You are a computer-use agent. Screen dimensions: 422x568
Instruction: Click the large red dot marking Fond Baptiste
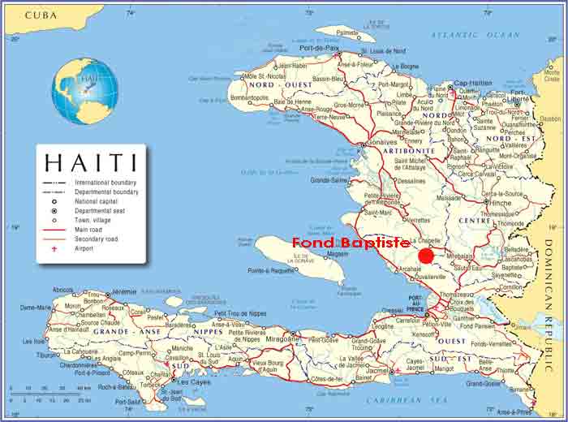426,256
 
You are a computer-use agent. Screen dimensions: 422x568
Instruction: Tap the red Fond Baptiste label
351,243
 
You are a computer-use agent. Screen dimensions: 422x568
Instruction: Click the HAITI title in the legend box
90,161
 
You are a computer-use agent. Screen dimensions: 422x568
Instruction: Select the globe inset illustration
84,90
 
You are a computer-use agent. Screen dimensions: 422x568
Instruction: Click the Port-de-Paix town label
318,49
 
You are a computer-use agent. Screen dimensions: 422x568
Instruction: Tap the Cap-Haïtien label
472,83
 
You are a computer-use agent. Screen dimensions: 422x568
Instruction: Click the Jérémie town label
123,291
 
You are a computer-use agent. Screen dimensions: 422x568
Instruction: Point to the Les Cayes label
194,381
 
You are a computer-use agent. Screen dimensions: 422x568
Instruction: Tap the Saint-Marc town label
379,212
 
